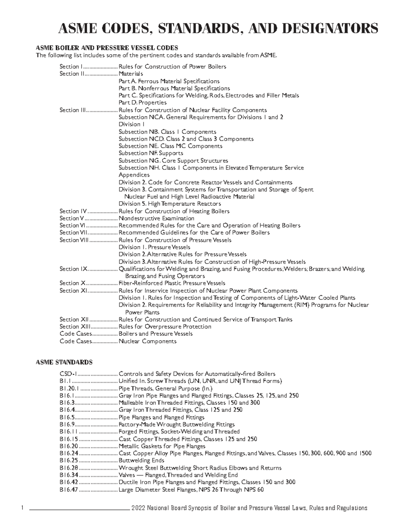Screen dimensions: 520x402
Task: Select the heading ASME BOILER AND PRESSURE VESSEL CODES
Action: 107,48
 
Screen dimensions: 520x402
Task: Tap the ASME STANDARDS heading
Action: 64,362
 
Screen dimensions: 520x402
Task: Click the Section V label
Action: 69,218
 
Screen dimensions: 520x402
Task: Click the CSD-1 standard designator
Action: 69,374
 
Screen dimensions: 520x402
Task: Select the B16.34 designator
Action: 69,475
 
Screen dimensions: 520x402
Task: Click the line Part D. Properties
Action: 142,103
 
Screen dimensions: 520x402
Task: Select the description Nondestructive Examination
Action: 156,218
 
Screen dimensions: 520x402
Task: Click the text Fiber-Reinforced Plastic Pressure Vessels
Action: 172,283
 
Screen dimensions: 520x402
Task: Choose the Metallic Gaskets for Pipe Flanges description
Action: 162,446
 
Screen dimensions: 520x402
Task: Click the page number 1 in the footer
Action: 22,508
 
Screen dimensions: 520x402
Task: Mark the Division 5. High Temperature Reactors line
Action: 170,204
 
